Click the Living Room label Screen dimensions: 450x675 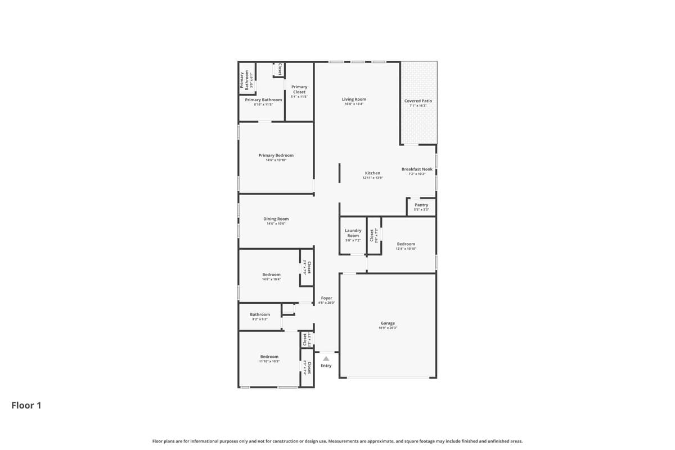point(354,100)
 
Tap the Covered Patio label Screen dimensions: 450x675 point(418,101)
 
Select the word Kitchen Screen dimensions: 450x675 point(372,173)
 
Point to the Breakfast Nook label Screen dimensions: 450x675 point(417,169)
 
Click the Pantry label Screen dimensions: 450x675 point(421,205)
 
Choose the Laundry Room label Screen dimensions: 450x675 point(353,233)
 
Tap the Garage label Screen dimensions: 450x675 point(388,323)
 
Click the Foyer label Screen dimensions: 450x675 point(326,298)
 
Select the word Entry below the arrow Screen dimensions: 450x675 point(326,366)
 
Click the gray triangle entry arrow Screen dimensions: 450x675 point(326,358)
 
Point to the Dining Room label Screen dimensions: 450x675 point(276,219)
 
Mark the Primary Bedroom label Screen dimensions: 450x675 point(276,155)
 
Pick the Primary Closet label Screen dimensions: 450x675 point(299,89)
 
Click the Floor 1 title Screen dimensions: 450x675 point(26,405)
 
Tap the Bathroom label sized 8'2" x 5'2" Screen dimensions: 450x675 point(260,314)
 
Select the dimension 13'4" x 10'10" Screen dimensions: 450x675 point(406,249)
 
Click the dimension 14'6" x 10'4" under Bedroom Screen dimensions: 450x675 point(271,279)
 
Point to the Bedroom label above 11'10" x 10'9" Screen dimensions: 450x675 point(269,357)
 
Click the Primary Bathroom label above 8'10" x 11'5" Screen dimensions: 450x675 point(263,100)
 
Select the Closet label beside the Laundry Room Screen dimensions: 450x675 point(372,235)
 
